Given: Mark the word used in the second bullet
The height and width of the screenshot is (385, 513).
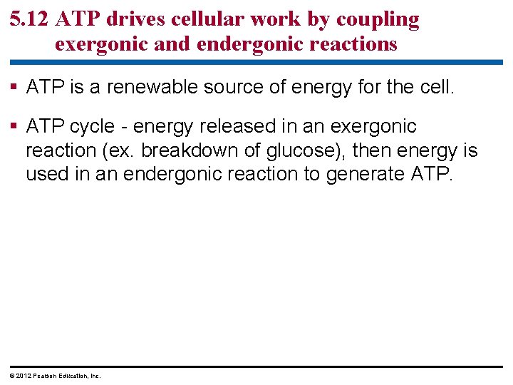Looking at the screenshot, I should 48,175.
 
